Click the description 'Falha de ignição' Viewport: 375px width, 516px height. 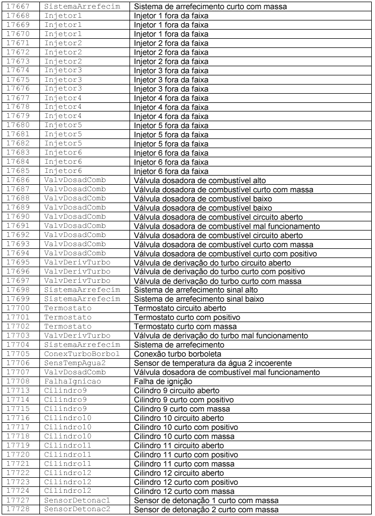click(x=162, y=381)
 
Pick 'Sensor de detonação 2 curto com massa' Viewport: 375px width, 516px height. click(x=206, y=509)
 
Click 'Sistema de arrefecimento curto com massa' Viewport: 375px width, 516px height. click(x=210, y=7)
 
